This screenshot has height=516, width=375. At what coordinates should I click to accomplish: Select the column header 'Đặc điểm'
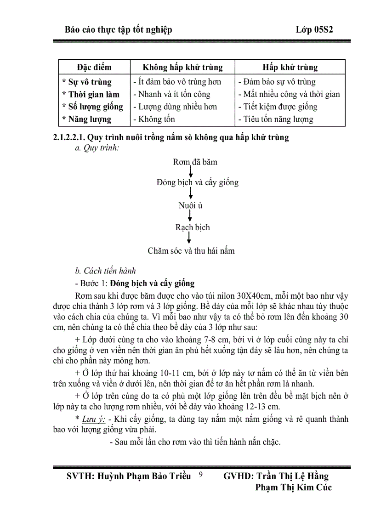(94, 67)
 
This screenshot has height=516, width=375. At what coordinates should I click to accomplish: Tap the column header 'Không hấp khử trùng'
(182, 67)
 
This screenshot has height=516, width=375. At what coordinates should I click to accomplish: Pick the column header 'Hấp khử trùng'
(290, 67)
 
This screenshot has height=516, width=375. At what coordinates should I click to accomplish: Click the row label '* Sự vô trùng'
(87, 82)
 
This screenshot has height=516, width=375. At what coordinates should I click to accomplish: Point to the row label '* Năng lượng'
(87, 119)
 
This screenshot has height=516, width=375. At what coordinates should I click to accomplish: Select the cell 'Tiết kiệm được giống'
(278, 107)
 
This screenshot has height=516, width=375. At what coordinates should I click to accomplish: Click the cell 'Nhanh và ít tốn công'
(171, 95)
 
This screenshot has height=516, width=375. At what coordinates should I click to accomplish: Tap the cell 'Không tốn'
(154, 119)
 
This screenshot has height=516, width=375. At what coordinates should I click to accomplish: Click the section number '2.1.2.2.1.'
(69, 137)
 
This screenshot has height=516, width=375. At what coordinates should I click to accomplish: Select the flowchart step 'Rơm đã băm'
(195, 162)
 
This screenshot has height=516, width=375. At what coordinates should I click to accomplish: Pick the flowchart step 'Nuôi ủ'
(190, 205)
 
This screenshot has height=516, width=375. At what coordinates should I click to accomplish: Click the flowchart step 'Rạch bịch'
(193, 227)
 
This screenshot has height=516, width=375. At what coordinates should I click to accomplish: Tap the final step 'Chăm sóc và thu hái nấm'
(191, 250)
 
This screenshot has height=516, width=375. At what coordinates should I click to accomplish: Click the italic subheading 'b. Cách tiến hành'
(105, 271)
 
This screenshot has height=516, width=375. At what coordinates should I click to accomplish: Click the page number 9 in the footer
(200, 475)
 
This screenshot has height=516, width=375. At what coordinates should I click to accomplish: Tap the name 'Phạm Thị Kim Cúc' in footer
(293, 488)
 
